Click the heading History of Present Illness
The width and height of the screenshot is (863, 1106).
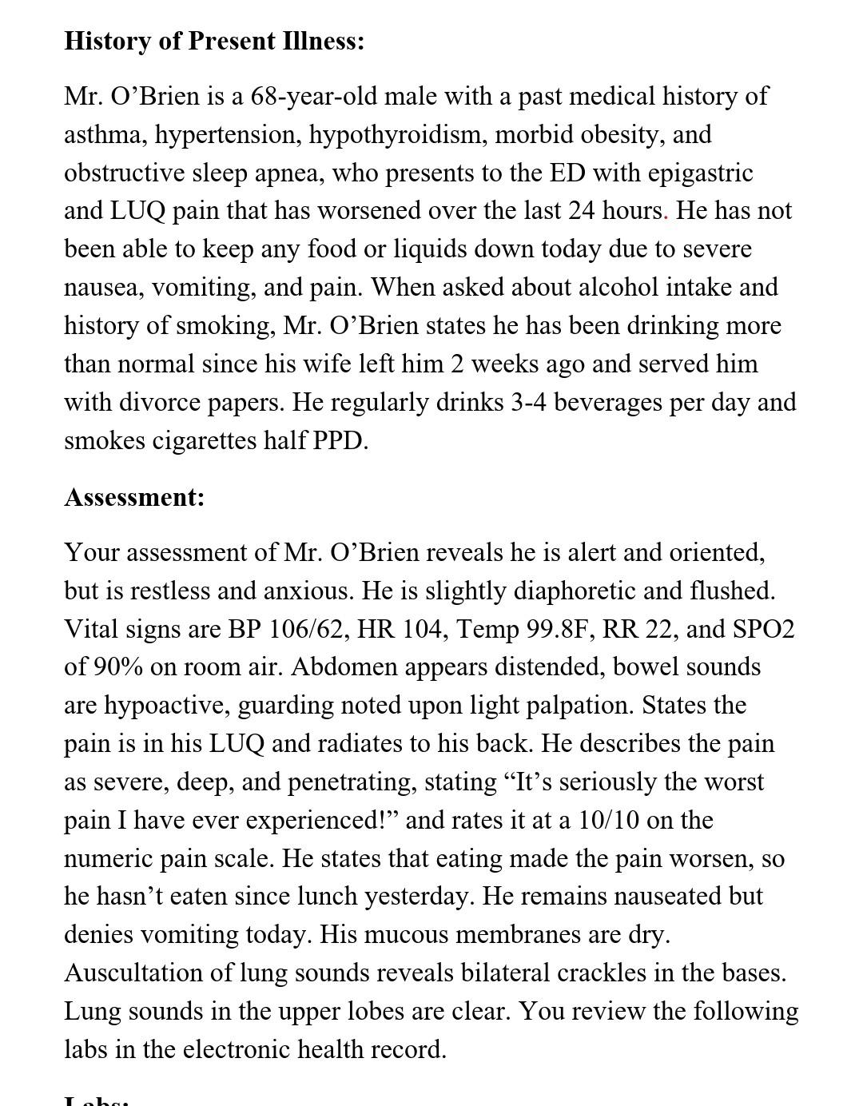214,41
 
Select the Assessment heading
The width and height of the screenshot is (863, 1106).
134,497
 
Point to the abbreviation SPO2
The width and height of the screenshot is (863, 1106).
763,629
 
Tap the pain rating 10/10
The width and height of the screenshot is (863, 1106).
606,820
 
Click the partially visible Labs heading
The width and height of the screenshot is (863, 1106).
97,1100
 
